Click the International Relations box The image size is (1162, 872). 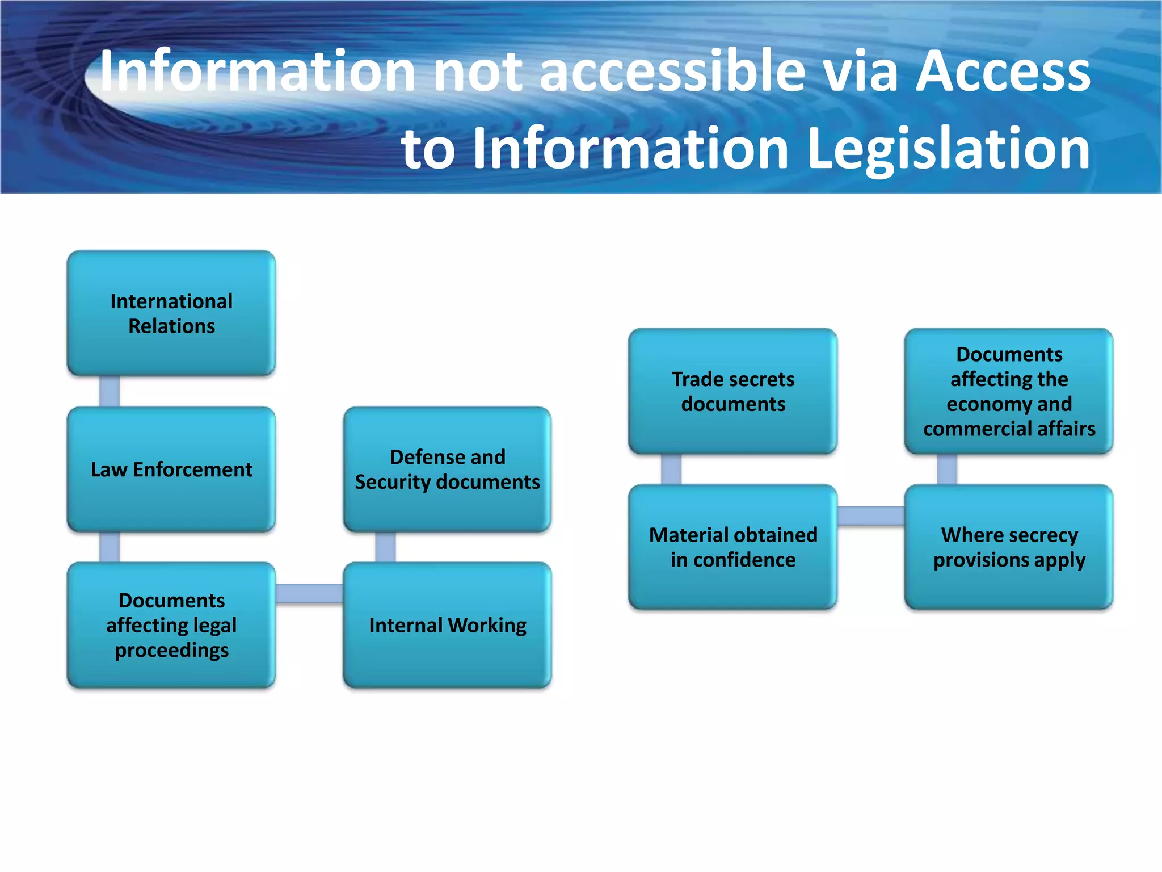(x=171, y=313)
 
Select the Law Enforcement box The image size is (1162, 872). (x=171, y=469)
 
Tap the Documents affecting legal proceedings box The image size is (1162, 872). (x=171, y=625)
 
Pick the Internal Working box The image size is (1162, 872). (x=447, y=625)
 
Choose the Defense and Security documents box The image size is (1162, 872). (x=447, y=469)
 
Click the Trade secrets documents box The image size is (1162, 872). (x=732, y=391)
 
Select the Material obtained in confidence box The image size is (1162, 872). (x=732, y=547)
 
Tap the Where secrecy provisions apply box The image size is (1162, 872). (x=1009, y=547)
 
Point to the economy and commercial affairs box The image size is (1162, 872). (x=1009, y=391)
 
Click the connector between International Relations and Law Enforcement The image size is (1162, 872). (x=110, y=391)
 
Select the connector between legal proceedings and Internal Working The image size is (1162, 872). (x=309, y=593)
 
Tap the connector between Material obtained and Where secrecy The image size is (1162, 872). (x=870, y=515)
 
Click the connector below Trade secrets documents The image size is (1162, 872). (x=671, y=469)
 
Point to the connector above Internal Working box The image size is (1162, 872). (x=385, y=547)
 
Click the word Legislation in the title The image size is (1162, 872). (x=948, y=149)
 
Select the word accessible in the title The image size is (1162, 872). (x=672, y=72)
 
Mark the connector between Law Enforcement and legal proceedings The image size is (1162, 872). (x=110, y=547)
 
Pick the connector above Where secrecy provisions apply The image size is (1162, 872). (x=947, y=469)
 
